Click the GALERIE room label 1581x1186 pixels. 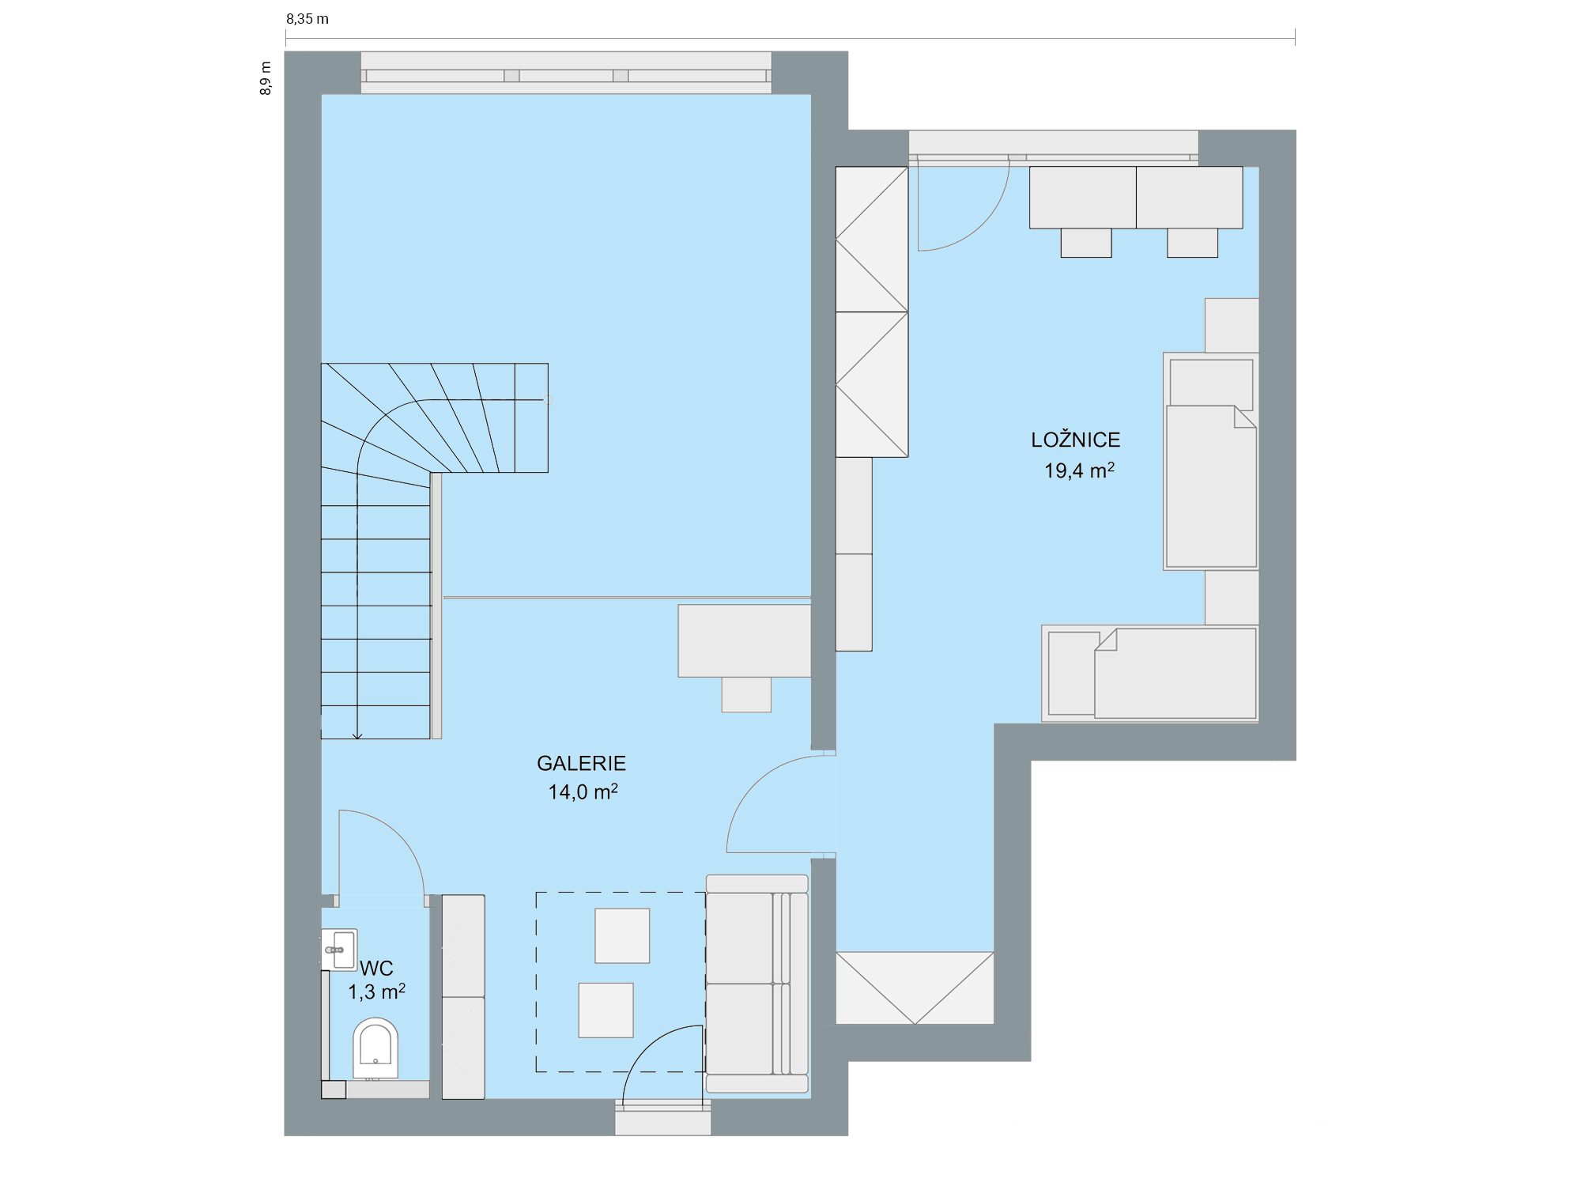click(581, 763)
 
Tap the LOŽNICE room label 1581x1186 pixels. click(1075, 439)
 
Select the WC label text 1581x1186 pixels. click(376, 968)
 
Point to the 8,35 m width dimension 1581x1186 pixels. click(308, 19)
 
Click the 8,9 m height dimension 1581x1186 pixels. click(266, 78)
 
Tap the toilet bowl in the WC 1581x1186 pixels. click(375, 1048)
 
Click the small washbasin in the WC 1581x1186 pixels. click(340, 950)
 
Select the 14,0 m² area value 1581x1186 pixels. click(583, 791)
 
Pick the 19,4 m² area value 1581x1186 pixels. click(1079, 470)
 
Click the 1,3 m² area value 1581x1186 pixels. click(376, 991)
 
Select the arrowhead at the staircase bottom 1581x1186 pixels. click(357, 736)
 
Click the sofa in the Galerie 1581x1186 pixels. click(757, 984)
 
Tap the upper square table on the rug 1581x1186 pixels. click(622, 935)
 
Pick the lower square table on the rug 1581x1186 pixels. click(606, 1010)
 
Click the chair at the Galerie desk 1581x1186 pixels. click(746, 695)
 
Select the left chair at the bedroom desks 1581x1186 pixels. click(1086, 243)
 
